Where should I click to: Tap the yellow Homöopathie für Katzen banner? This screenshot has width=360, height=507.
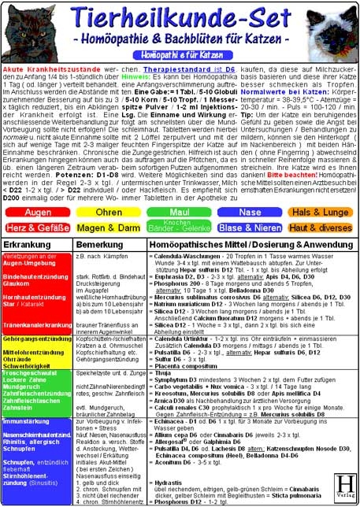(x=179, y=56)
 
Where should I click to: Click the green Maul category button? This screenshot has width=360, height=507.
(x=179, y=213)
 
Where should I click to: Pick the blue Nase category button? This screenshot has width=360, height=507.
(x=250, y=213)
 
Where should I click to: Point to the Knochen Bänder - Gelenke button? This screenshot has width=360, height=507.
(x=179, y=228)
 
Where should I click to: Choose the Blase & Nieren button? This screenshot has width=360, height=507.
(x=250, y=228)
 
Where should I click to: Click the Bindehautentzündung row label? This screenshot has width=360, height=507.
(x=35, y=278)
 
